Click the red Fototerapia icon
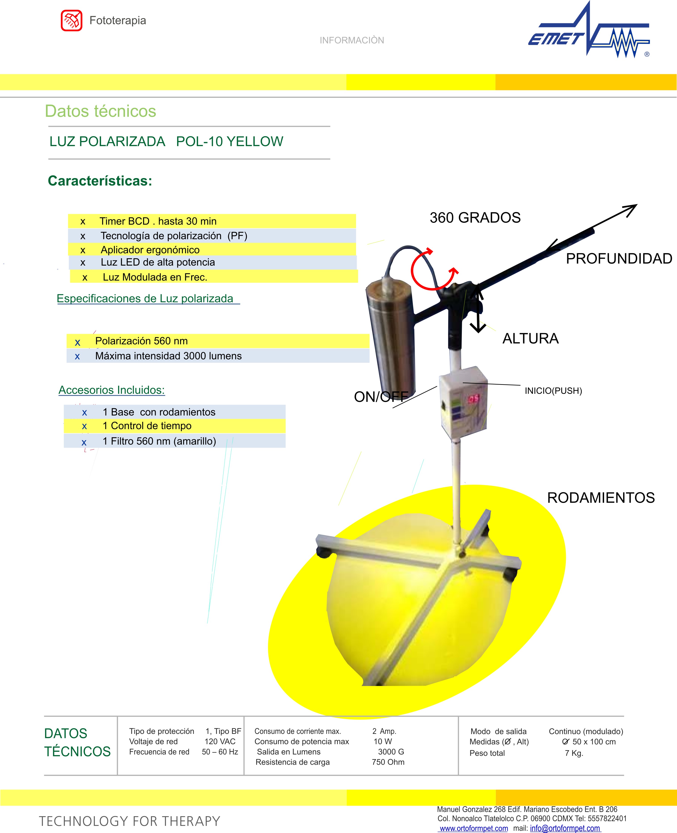pos(71,20)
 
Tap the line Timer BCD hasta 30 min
pos(158,221)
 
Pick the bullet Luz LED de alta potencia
pos(157,262)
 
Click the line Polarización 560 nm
pos(141,341)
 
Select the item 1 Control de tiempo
pos(147,426)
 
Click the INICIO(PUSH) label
pos(553,391)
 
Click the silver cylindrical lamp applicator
pos(390,336)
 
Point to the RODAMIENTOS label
pos(601,498)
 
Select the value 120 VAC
pos(220,741)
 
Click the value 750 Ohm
pos(388,762)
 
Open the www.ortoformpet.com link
pos(474,828)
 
